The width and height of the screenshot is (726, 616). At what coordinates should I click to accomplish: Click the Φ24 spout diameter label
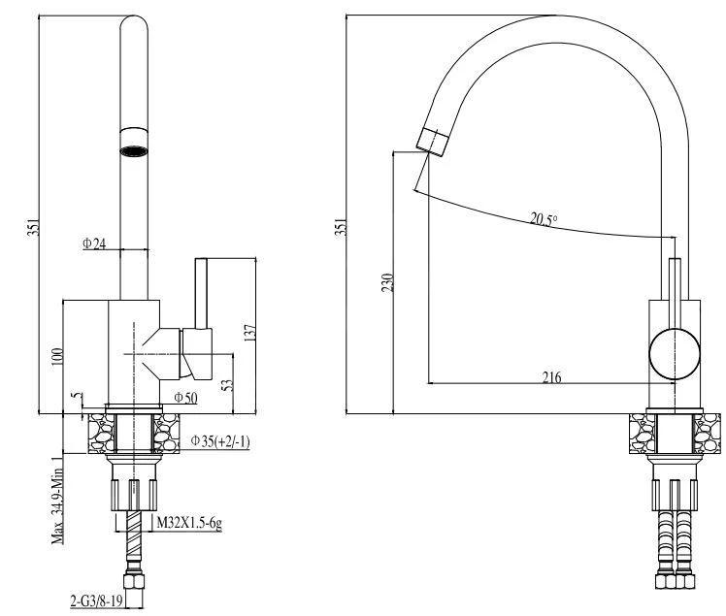[x=94, y=243]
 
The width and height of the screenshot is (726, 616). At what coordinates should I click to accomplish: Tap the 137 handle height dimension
[x=249, y=333]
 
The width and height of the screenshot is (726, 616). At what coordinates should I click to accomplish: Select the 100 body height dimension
[x=56, y=357]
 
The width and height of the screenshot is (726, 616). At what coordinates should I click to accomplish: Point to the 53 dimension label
[x=227, y=385]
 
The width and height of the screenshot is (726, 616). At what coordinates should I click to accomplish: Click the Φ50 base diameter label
[x=185, y=398]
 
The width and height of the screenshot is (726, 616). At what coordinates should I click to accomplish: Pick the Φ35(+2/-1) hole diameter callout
[x=220, y=441]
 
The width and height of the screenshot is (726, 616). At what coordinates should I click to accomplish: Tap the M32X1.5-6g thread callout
[x=189, y=523]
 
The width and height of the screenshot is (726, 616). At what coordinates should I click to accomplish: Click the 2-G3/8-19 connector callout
[x=96, y=600]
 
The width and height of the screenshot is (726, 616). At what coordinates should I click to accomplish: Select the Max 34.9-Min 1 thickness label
[x=57, y=500]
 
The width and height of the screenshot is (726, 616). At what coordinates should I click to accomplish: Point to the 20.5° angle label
[x=544, y=218]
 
